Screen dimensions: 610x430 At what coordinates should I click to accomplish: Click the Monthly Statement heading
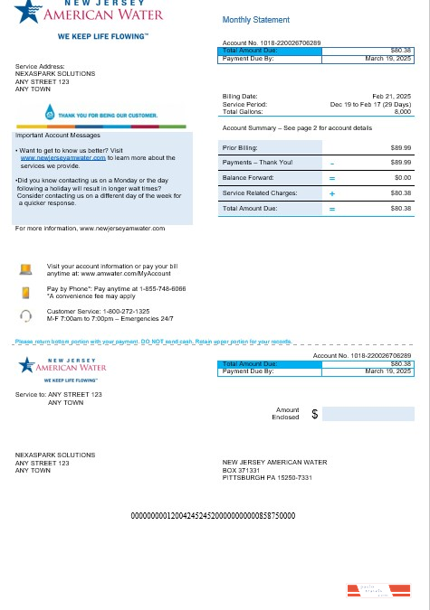256,20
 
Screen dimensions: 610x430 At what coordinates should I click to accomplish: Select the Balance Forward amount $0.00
401,178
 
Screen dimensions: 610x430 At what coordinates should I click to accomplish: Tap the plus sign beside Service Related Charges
332,193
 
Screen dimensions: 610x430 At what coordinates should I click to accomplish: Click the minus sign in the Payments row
332,163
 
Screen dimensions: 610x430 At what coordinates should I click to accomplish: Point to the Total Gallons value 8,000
403,111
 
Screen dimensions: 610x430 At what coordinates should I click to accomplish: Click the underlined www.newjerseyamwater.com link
55,157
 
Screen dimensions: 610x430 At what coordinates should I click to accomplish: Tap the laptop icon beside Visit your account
26,268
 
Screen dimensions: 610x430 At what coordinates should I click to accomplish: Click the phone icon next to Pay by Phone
26,292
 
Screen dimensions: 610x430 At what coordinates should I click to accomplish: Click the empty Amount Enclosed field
367,414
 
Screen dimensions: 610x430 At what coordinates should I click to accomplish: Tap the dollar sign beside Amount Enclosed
314,414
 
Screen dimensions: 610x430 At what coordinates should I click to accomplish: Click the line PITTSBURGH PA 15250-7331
267,477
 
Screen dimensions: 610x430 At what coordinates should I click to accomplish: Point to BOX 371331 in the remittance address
241,470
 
